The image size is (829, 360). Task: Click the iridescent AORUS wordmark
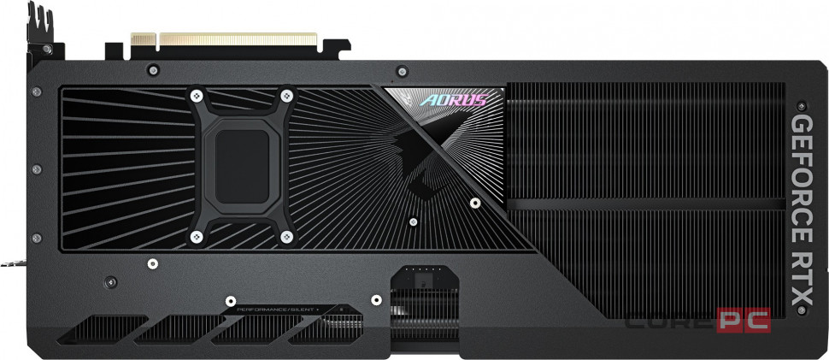[449, 99]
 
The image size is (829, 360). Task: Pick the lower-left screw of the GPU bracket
[197, 232]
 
